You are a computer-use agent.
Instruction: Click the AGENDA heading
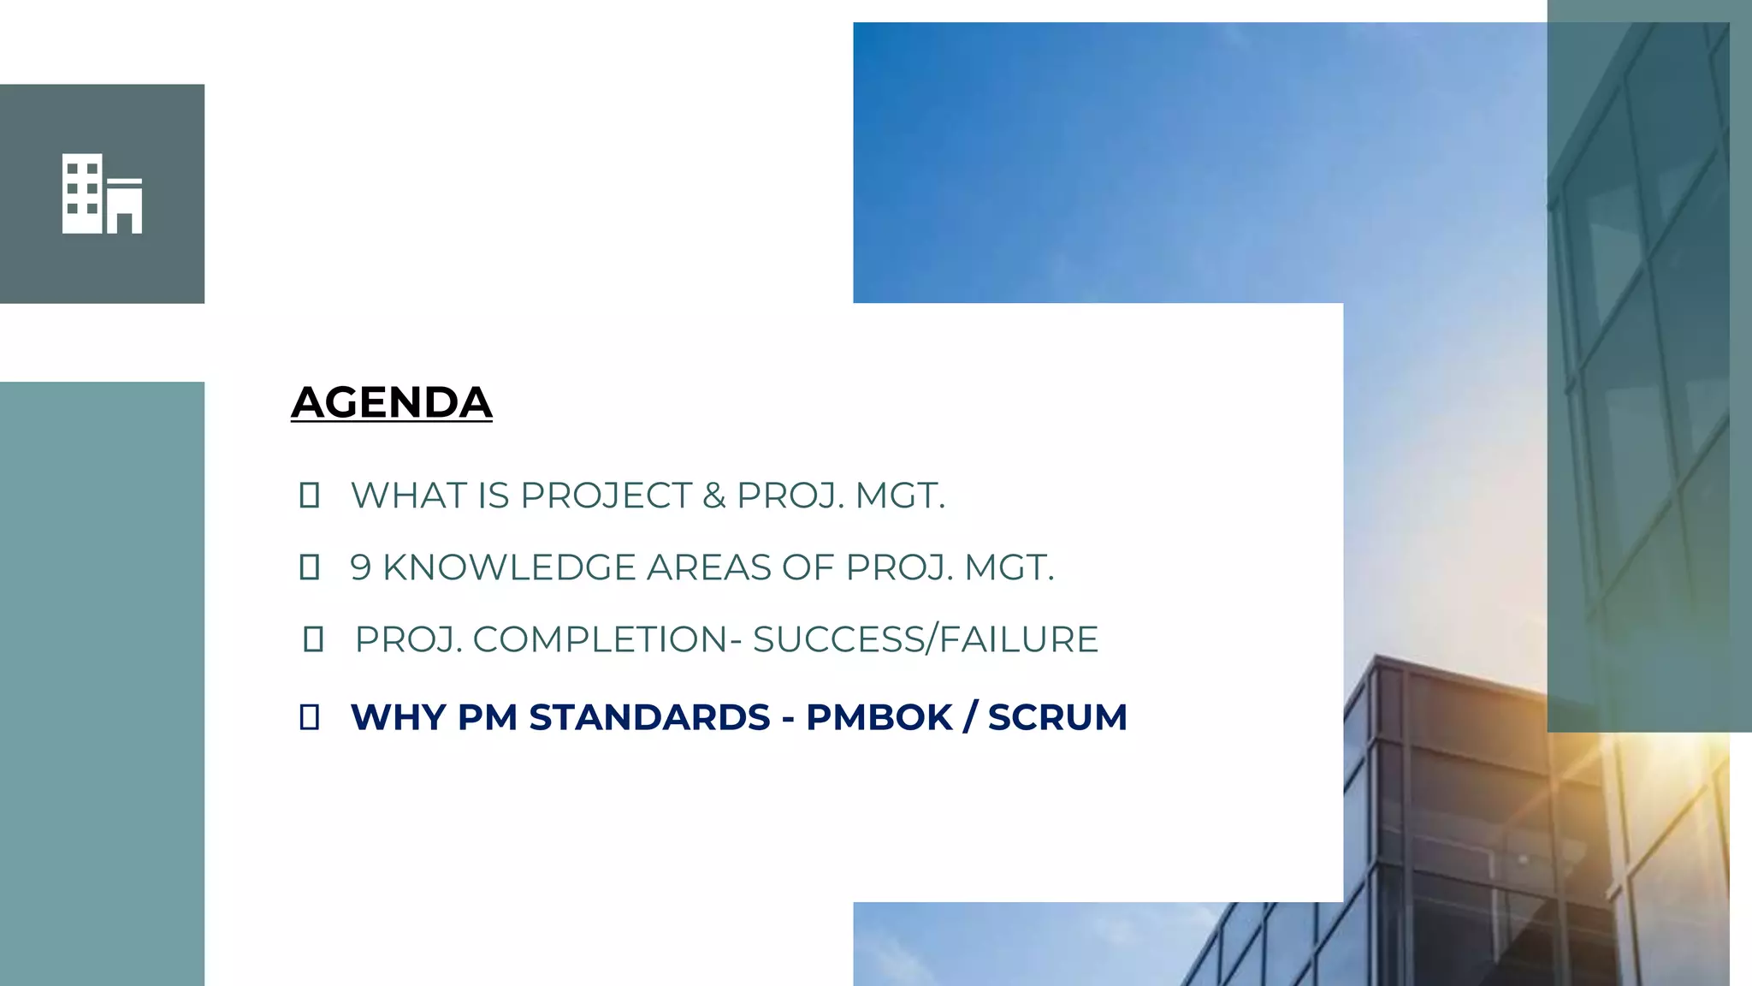pyautogui.click(x=391, y=402)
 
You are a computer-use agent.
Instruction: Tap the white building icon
pyautogui.click(x=102, y=193)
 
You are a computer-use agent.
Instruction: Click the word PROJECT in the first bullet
pyautogui.click(x=605, y=496)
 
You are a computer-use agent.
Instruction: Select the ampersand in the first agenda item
pyautogui.click(x=713, y=496)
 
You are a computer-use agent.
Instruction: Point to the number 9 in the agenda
pyautogui.click(x=360, y=567)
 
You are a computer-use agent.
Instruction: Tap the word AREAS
pyautogui.click(x=708, y=567)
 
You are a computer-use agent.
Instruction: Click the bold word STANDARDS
pyautogui.click(x=649, y=717)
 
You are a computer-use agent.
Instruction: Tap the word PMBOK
pyautogui.click(x=879, y=717)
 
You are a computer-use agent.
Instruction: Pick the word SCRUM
pyautogui.click(x=1057, y=717)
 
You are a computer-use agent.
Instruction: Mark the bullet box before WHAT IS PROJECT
pyautogui.click(x=310, y=496)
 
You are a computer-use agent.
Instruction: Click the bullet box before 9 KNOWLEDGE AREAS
pyautogui.click(x=310, y=567)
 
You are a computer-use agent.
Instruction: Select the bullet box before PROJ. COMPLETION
pyautogui.click(x=313, y=639)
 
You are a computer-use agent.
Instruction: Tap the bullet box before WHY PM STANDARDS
pyautogui.click(x=310, y=717)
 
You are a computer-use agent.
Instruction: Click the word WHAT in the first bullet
pyautogui.click(x=407, y=496)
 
